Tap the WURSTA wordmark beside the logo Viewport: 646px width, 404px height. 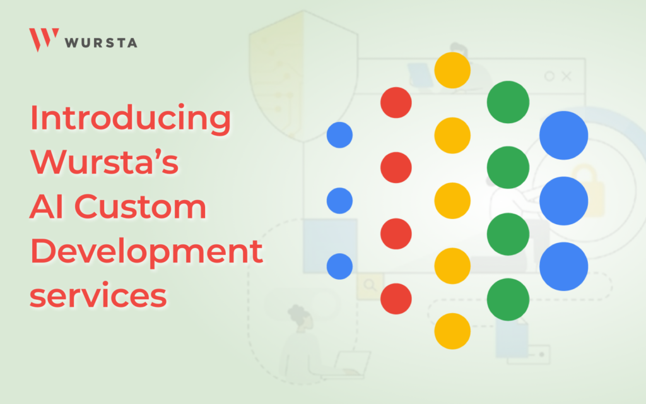tap(100, 43)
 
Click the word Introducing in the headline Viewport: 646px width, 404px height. tap(131, 119)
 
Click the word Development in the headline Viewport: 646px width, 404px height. tap(146, 252)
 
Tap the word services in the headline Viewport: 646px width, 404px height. tap(98, 295)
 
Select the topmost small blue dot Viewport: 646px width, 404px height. tap(339, 135)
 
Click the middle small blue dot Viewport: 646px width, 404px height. tap(339, 201)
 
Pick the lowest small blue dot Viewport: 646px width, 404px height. tap(339, 266)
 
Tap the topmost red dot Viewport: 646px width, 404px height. tap(396, 102)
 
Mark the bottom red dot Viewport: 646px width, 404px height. tap(396, 299)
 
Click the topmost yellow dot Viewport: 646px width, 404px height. tap(452, 70)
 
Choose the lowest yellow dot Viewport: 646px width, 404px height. tap(452, 331)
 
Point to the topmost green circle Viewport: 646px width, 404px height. tap(508, 102)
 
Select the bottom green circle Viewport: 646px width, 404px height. tap(508, 299)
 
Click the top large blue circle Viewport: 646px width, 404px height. tap(563, 135)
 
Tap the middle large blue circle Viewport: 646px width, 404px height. tap(563, 201)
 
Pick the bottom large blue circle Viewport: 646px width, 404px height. tap(563, 266)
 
